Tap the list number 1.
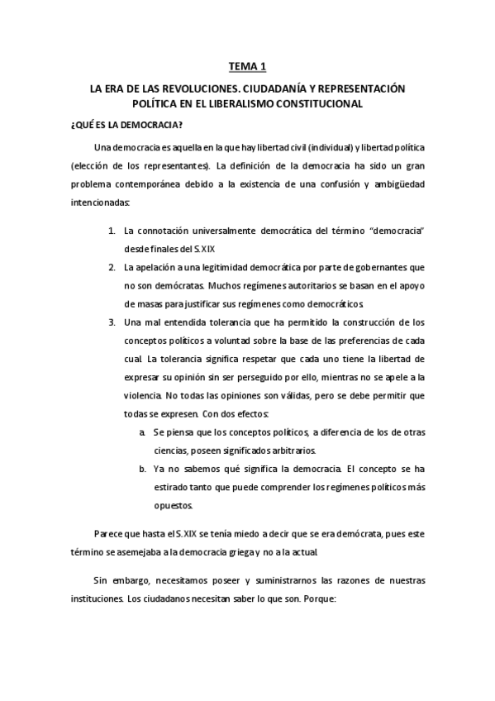click(x=112, y=230)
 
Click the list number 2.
click(x=112, y=268)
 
